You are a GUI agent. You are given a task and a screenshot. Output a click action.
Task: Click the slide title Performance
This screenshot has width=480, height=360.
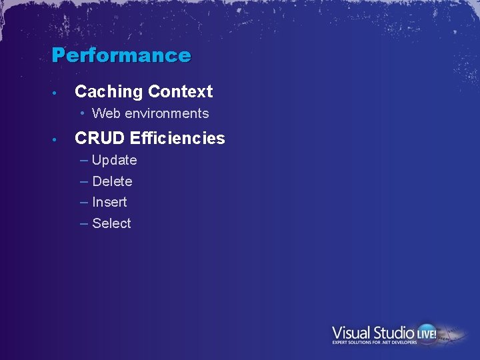click(121, 55)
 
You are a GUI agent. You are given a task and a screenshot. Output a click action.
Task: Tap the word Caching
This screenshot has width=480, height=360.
click(109, 92)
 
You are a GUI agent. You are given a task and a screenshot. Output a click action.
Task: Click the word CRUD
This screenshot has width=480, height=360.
click(100, 139)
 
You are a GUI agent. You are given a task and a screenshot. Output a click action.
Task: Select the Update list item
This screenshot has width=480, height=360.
click(115, 161)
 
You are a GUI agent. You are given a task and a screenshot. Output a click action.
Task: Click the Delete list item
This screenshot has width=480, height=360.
click(112, 181)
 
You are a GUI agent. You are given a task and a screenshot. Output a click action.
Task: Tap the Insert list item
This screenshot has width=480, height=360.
click(109, 202)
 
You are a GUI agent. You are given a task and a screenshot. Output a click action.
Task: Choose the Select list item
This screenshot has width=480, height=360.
click(111, 223)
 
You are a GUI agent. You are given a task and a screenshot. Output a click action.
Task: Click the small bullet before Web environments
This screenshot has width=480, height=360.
click(84, 114)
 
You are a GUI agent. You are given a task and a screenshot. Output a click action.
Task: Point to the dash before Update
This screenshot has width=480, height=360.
click(84, 160)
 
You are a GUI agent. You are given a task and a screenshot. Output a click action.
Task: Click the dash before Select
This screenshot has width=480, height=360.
click(84, 223)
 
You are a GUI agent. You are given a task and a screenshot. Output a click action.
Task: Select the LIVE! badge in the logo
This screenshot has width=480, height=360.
click(427, 332)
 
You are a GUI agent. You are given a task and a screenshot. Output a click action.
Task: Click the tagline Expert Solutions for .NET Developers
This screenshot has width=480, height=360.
click(375, 343)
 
